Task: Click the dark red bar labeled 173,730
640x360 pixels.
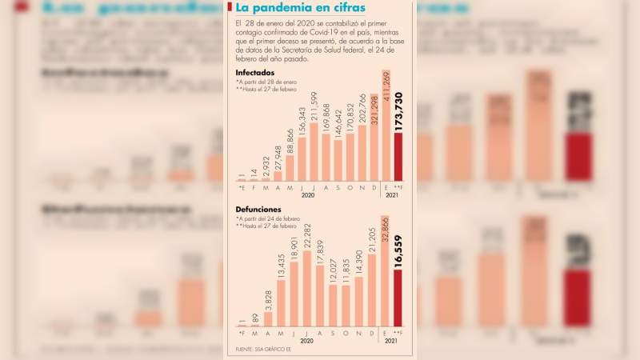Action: point(398,157)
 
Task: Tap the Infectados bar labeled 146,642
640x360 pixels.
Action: point(338,159)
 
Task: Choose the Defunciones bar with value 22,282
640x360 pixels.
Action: point(307,290)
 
